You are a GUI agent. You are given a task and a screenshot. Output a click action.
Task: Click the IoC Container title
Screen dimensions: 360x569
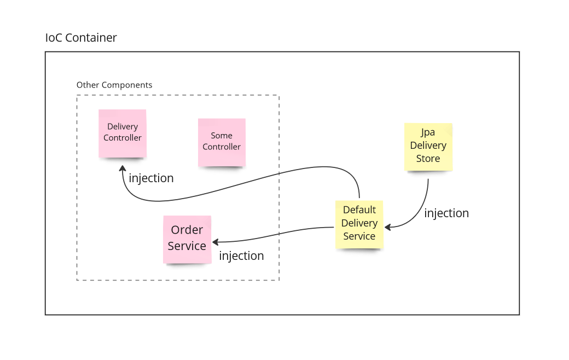pos(81,38)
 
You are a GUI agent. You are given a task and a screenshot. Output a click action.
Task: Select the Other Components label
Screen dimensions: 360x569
pos(114,85)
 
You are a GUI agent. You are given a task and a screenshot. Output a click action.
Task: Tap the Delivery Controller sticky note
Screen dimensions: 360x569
pos(123,133)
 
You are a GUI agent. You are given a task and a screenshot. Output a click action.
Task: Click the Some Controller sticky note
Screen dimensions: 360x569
pos(222,142)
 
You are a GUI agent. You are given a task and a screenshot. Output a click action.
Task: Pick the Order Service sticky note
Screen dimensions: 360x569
pos(187,239)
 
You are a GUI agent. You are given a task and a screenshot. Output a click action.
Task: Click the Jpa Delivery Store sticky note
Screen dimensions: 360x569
pos(428,146)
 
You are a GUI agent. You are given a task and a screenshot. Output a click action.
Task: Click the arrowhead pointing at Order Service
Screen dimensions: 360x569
pos(216,241)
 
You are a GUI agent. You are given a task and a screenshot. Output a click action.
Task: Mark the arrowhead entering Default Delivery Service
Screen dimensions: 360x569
pos(387,227)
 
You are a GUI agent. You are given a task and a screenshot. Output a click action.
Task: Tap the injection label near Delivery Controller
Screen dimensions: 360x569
pos(151,178)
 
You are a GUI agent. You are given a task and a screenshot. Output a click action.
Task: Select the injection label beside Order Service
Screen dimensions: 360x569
pos(241,256)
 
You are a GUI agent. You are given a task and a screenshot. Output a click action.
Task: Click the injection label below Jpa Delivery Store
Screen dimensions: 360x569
pos(446,213)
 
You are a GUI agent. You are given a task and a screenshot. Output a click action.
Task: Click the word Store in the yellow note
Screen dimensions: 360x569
pos(428,159)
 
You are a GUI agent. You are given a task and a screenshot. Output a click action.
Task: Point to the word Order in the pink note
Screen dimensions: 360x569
pos(187,230)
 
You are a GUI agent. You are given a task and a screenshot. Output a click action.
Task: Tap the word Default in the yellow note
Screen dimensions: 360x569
pos(359,210)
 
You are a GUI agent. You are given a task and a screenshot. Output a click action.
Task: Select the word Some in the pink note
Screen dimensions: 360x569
pos(222,135)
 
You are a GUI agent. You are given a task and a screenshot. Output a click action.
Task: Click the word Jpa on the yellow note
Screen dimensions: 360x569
pos(428,132)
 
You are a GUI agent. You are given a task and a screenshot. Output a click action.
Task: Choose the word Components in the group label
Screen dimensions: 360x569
pos(127,85)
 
